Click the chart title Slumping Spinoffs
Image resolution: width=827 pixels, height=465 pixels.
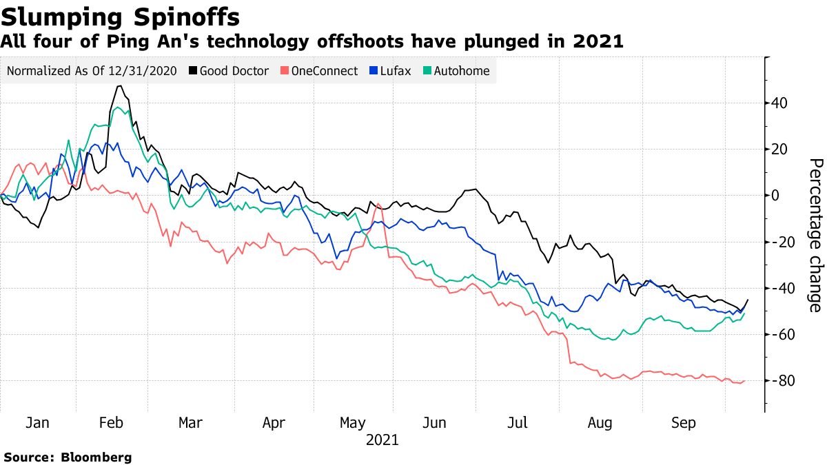(121, 16)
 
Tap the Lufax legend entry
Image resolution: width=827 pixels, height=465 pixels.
(390, 71)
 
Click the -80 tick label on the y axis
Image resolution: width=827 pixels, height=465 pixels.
(781, 381)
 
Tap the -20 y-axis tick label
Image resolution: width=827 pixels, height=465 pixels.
(781, 242)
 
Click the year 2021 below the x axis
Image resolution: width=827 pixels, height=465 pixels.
(382, 439)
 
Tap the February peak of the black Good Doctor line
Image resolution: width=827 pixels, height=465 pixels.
(120, 86)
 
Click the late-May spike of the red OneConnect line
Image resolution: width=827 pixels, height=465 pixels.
(378, 204)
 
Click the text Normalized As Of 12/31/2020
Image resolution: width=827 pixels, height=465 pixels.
(91, 71)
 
